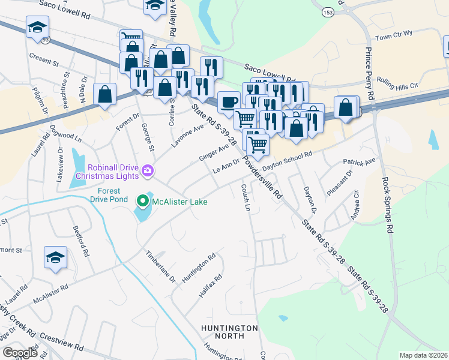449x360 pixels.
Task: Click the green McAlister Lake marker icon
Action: click(143, 201)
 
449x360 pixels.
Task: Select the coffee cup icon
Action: click(228, 101)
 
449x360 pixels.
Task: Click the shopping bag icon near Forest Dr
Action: click(105, 95)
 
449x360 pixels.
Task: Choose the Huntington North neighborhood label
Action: click(229, 332)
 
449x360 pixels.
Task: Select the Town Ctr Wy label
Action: click(394, 37)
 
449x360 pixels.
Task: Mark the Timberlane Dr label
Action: click(160, 266)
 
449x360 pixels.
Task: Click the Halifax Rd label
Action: click(210, 287)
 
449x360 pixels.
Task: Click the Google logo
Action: click(20, 353)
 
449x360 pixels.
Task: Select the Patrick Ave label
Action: click(359, 162)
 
